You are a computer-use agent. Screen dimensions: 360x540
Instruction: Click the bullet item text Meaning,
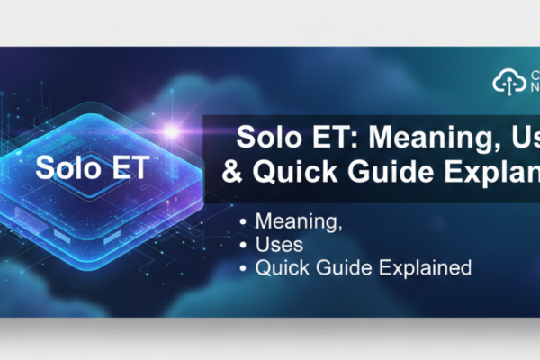point(293,220)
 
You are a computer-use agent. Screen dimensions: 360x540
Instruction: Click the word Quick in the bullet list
point(281,267)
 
